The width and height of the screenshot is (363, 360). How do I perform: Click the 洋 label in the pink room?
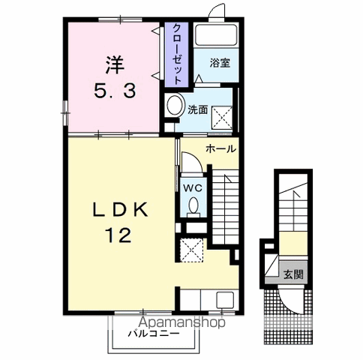[115, 65]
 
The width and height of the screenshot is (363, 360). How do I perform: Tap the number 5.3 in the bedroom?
[115, 91]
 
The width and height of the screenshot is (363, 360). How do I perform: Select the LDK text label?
[120, 210]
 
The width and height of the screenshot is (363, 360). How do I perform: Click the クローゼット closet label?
[177, 55]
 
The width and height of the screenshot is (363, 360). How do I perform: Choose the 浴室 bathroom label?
[220, 63]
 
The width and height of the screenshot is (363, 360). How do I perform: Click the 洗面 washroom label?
[197, 109]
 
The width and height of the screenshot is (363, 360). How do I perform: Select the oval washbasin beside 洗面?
[175, 105]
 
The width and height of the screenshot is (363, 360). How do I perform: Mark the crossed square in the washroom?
[222, 118]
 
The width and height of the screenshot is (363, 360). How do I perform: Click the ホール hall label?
[220, 149]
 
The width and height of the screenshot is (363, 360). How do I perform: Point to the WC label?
[193, 187]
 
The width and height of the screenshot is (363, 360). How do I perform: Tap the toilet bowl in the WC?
[193, 206]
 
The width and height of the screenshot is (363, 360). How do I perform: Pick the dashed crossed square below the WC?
[191, 250]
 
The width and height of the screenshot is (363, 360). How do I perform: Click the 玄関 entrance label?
[293, 274]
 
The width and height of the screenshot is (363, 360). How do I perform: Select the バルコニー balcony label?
[154, 334]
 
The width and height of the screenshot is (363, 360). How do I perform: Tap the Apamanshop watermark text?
[181, 322]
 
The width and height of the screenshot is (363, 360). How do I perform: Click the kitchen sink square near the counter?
[225, 299]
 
